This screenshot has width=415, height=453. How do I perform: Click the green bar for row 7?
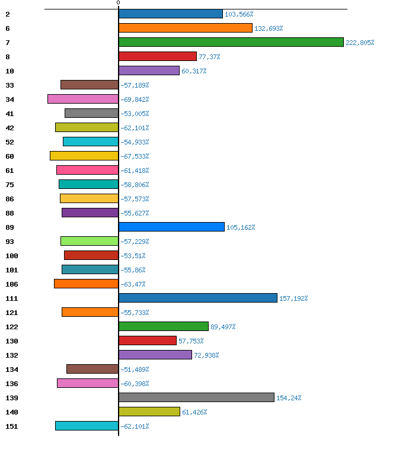[231, 42]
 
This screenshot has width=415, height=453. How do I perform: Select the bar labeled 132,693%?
[186, 28]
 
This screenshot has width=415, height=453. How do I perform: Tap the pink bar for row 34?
[83, 99]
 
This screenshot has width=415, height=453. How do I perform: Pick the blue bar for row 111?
[198, 298]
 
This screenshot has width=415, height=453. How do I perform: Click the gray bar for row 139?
[196, 397]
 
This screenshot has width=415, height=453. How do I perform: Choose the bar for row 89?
[171, 227]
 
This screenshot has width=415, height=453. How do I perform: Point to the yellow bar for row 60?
[84, 156]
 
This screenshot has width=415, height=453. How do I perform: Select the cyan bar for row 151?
[87, 426]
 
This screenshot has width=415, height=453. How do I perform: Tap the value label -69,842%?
[135, 99]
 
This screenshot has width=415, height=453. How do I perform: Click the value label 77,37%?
[209, 57]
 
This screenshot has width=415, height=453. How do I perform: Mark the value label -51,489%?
[135, 370]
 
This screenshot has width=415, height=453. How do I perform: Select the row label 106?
[12, 284]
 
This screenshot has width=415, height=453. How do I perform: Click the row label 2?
[8, 14]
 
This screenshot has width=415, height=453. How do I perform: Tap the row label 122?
[12, 327]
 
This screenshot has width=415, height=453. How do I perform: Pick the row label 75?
[10, 185]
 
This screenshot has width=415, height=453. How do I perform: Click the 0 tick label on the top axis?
[118, 3]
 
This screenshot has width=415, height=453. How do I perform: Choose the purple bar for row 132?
[155, 355]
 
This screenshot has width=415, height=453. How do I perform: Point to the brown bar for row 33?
[90, 85]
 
